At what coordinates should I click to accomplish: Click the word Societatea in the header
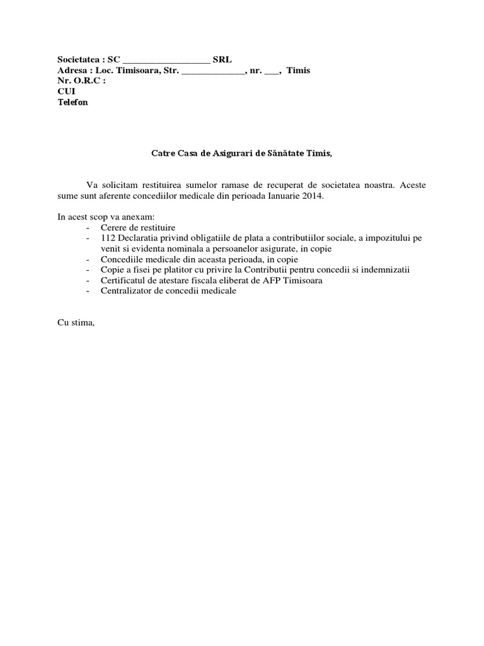point(79,60)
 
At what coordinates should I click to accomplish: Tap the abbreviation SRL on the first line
point(222,60)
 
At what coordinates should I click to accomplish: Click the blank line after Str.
point(213,72)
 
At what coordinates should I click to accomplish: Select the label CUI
point(66,91)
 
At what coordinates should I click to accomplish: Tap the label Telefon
point(73,102)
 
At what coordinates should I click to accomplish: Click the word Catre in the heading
point(162,153)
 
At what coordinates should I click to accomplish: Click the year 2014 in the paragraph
point(313,196)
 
